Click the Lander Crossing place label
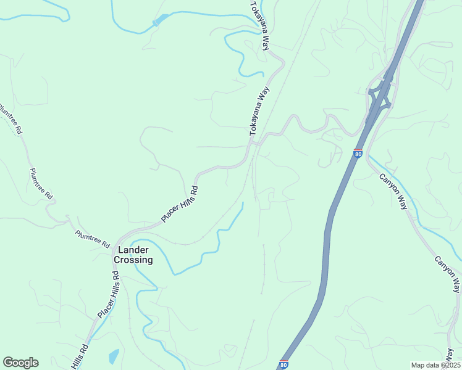tap(133, 255)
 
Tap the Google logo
tap(20, 363)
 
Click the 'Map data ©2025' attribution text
tap(435, 365)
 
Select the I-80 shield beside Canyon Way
tap(358, 153)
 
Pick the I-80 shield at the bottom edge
tap(283, 364)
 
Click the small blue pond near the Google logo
tap(113, 356)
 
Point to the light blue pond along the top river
tap(161, 20)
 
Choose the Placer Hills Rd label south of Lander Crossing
tap(107, 298)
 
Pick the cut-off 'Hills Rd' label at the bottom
tap(78, 356)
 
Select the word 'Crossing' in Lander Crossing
tap(133, 260)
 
